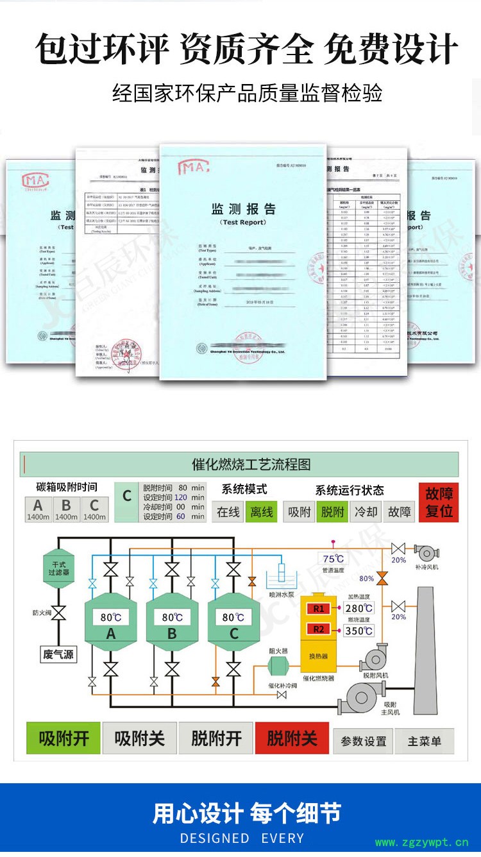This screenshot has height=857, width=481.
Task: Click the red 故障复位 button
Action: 439,502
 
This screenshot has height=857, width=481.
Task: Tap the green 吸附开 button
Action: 64,738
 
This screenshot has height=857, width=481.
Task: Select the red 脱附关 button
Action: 292,738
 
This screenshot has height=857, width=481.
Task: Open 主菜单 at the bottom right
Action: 424,741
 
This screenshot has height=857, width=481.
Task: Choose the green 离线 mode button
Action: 261,512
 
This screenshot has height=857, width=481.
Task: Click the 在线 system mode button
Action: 228,512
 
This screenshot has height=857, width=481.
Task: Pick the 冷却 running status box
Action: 366,512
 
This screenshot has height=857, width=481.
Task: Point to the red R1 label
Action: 319,608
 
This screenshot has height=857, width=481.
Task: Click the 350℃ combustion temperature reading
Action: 359,630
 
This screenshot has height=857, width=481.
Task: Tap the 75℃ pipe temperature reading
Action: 333,559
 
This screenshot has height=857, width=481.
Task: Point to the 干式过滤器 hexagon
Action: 58,568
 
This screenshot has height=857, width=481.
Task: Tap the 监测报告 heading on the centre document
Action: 243,209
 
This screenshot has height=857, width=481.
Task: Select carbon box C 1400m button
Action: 94,509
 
